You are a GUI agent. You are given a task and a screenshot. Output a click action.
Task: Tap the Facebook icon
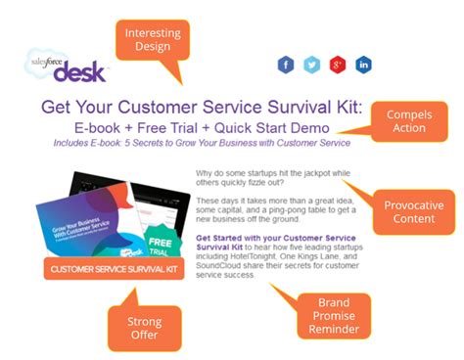[x=286, y=65]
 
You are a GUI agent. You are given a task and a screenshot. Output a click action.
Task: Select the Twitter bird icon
[x=311, y=65]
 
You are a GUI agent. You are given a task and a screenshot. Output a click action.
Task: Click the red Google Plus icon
[x=338, y=65]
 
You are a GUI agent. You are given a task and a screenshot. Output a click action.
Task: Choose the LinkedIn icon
[x=364, y=65]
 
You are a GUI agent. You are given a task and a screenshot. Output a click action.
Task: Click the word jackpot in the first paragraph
[x=331, y=173]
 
